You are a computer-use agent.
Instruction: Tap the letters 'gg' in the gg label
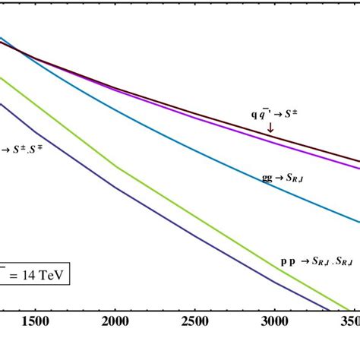click(267, 178)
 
